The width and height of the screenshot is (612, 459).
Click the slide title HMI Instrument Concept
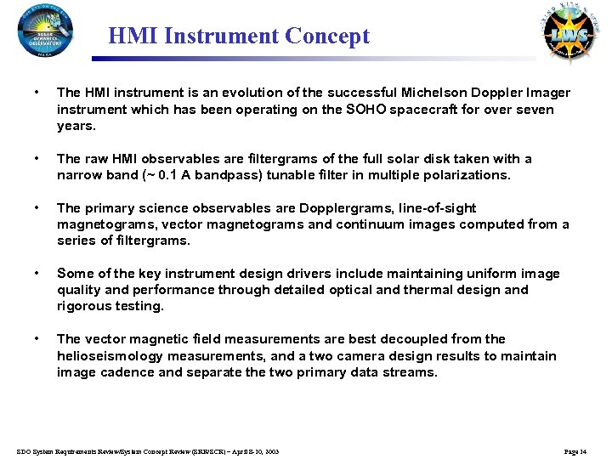tap(239, 37)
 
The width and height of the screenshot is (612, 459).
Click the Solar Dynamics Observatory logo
tap(45, 31)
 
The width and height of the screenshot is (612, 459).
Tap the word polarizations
tap(466, 175)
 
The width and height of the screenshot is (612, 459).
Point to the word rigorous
tap(82, 306)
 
